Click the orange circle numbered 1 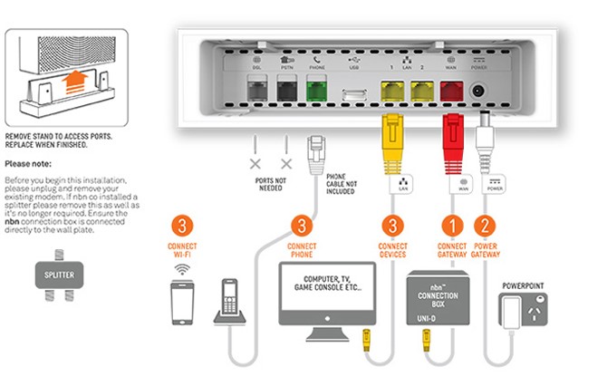(452, 225)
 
